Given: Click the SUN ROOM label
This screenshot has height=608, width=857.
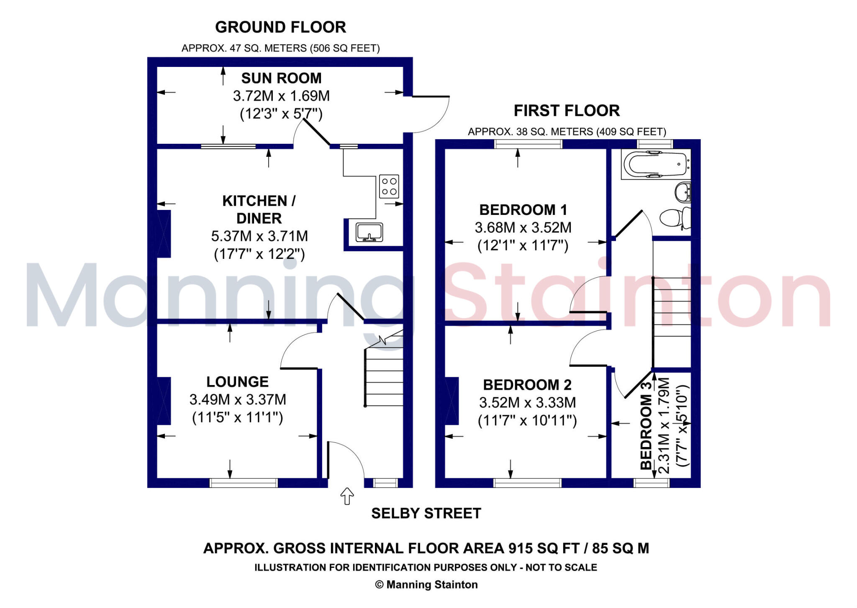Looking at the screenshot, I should (x=281, y=78).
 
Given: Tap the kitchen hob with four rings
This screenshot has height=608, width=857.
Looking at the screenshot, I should (x=389, y=186).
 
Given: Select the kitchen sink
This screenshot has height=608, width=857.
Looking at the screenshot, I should (x=369, y=232).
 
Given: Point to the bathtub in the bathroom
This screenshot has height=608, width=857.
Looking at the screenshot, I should (x=655, y=165).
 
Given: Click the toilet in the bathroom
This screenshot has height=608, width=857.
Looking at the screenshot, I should (x=674, y=218).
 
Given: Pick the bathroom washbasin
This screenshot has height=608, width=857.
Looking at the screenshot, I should (x=683, y=192).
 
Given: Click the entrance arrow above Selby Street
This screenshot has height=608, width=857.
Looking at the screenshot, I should (x=347, y=496).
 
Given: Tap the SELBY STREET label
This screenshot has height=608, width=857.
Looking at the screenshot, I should (x=426, y=513).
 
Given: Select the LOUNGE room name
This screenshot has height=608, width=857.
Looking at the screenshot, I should (x=237, y=382).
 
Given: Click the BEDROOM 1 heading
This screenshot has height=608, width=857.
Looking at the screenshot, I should (x=523, y=210).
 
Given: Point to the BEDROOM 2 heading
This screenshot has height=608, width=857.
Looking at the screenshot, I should (x=527, y=385).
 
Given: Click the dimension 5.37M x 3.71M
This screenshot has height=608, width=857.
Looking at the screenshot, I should (x=259, y=236).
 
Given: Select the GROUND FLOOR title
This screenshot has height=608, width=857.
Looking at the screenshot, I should (x=280, y=28).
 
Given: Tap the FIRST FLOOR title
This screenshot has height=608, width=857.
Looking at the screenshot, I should (x=567, y=111).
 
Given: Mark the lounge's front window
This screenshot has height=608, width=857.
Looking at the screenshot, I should (x=243, y=483).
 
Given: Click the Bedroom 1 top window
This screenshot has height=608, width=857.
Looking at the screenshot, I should (x=528, y=144).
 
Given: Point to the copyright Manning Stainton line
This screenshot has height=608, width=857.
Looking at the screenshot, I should (x=426, y=585).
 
